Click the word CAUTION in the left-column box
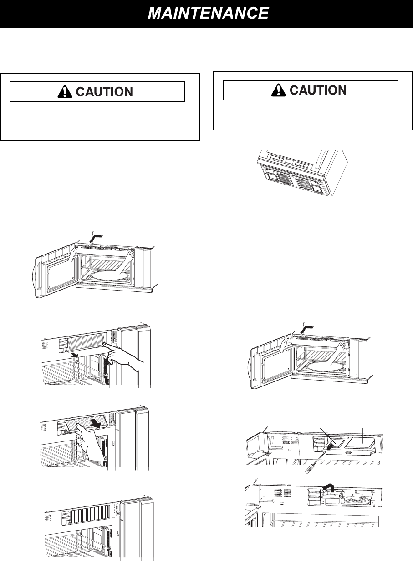pyautogui.click(x=104, y=91)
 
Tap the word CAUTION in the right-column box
pyautogui.click(x=317, y=90)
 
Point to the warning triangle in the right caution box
pyautogui.click(x=277, y=90)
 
